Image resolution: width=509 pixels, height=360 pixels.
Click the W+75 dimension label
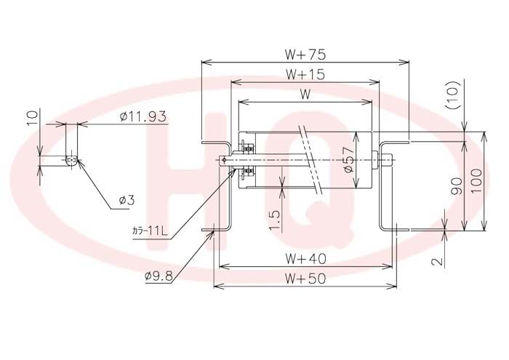[305, 55]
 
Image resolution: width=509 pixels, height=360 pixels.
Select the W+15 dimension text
[305, 74]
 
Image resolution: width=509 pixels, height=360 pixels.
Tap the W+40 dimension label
[305, 258]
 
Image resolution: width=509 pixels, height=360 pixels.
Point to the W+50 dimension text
[305, 279]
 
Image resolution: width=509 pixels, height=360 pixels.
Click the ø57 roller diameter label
[348, 159]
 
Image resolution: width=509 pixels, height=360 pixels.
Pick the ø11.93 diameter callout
[143, 116]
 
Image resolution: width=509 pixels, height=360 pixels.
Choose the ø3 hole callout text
[127, 200]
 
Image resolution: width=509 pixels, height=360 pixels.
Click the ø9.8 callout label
[159, 276]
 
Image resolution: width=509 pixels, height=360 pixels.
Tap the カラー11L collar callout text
[150, 231]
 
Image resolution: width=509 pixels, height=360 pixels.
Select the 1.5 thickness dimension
[275, 220]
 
